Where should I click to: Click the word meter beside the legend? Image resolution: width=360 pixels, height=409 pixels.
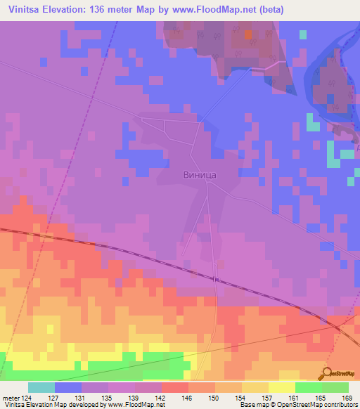pos(10,397)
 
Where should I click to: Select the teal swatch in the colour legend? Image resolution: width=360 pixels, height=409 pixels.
pos(41,387)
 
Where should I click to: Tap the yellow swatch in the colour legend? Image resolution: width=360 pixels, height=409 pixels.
pos(281,387)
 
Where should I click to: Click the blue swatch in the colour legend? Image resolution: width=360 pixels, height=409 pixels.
pos(68,387)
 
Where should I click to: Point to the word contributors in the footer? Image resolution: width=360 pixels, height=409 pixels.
pos(339,405)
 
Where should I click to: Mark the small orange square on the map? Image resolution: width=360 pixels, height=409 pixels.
pos(247,33)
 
